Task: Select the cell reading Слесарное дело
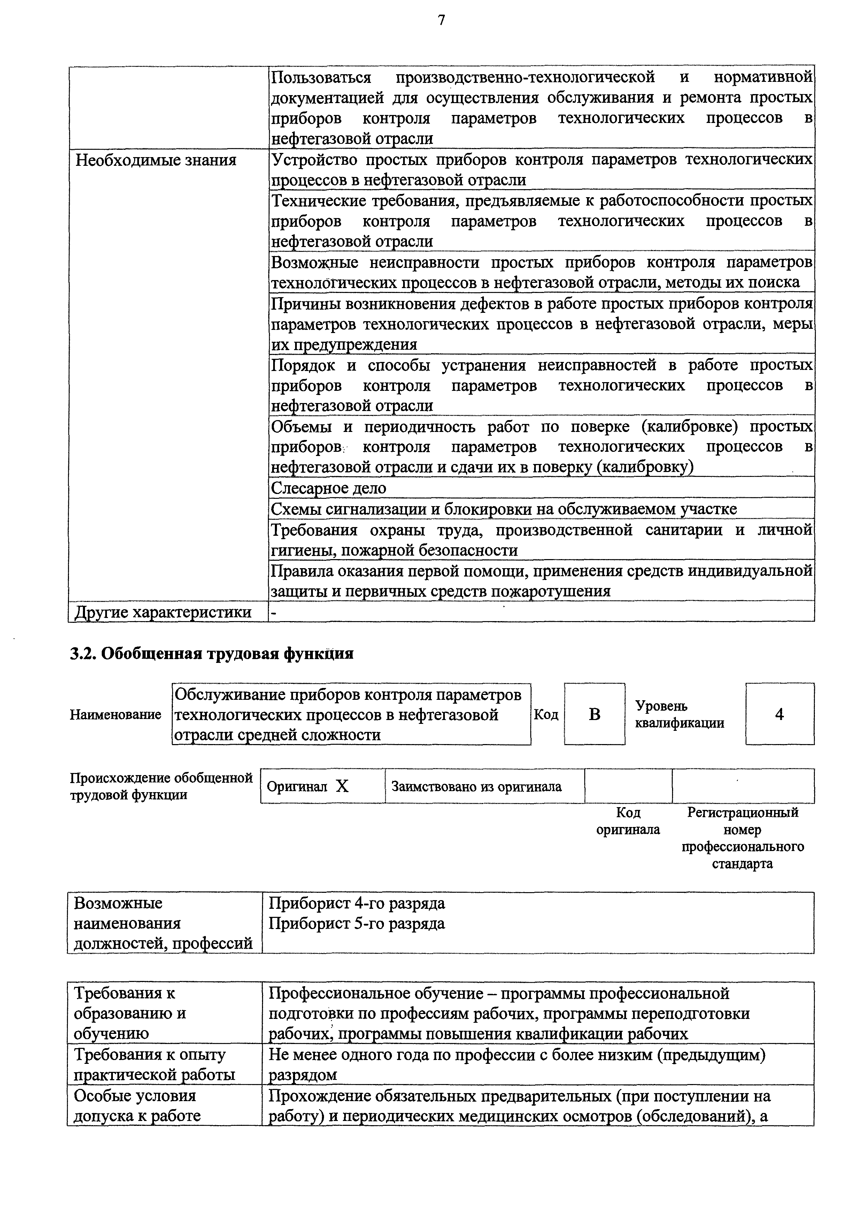329,488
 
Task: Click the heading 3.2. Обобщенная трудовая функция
212,653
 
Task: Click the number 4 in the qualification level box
779,714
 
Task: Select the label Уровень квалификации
679,714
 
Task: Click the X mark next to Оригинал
342,786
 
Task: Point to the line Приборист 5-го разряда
357,923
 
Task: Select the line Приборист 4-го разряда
357,903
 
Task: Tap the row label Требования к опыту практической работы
154,1065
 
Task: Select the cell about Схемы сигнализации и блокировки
504,509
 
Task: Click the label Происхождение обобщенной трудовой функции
161,786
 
